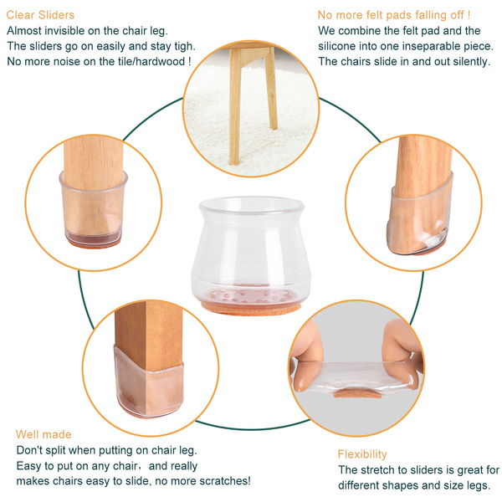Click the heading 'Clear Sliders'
[x=40, y=15]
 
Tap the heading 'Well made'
[x=44, y=434]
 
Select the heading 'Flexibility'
[x=362, y=454]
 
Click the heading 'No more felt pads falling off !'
[x=394, y=15]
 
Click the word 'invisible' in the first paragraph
[x=64, y=31]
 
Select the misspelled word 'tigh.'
[x=185, y=46]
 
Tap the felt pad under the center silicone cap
[x=251, y=309]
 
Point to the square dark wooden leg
[x=149, y=352]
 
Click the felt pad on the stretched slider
[x=357, y=394]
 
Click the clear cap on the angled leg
[x=419, y=218]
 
